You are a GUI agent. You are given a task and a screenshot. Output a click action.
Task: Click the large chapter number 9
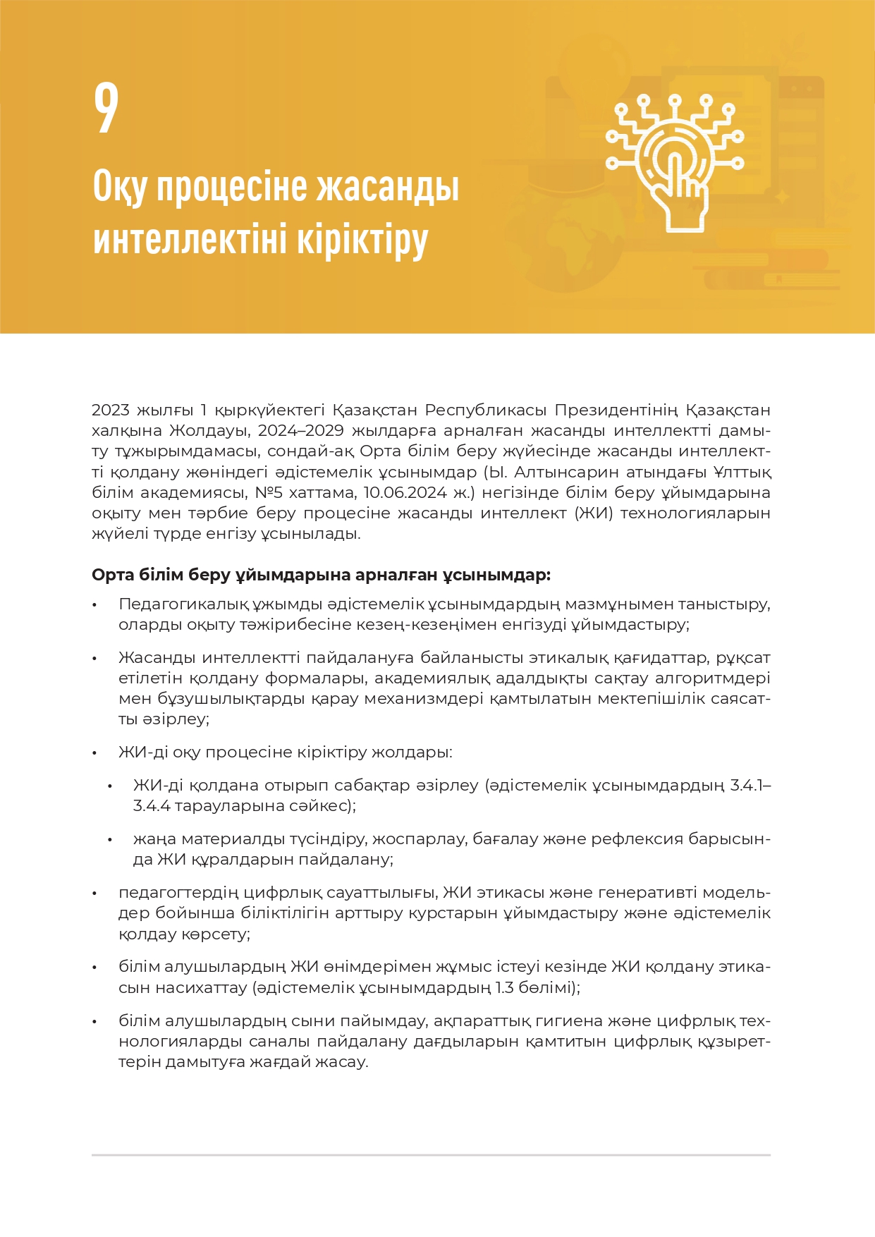106,107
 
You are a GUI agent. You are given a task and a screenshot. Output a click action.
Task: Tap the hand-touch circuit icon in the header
675,163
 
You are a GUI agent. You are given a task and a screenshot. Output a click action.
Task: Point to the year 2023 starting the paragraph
111,410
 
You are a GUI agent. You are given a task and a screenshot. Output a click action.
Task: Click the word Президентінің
616,410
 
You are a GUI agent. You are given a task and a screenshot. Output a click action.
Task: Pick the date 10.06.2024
405,492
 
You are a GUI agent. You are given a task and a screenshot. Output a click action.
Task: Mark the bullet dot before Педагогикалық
94,605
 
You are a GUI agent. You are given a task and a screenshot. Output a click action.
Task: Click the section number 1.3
504,987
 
